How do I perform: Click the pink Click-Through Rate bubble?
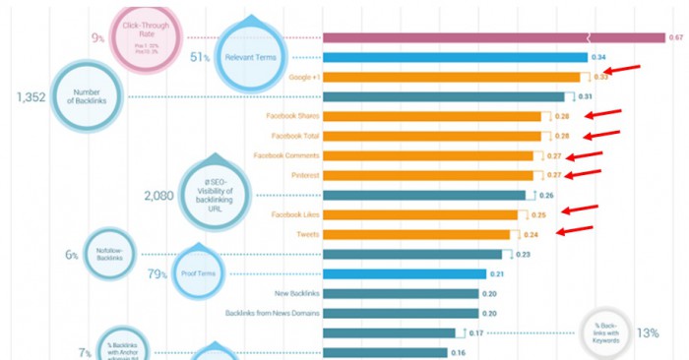click(x=145, y=37)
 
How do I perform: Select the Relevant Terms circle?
click(x=253, y=57)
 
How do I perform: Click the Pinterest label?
click(x=300, y=175)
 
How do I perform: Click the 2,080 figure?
click(x=158, y=196)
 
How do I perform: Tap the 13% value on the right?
click(x=647, y=333)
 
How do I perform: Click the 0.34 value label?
click(x=597, y=57)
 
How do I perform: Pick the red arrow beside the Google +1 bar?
click(x=623, y=70)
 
